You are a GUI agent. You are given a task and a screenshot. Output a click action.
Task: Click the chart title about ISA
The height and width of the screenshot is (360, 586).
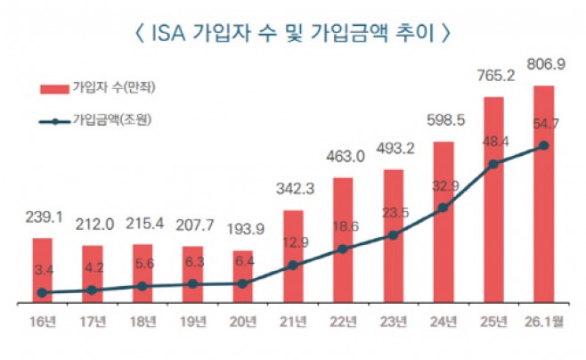tap(292, 35)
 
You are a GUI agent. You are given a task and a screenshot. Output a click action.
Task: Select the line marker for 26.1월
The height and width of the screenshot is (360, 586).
tap(543, 146)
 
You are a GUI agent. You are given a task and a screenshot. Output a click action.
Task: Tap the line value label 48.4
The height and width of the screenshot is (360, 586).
tap(492, 142)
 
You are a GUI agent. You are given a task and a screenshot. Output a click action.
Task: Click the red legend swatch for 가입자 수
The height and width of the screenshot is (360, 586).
tap(53, 88)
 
